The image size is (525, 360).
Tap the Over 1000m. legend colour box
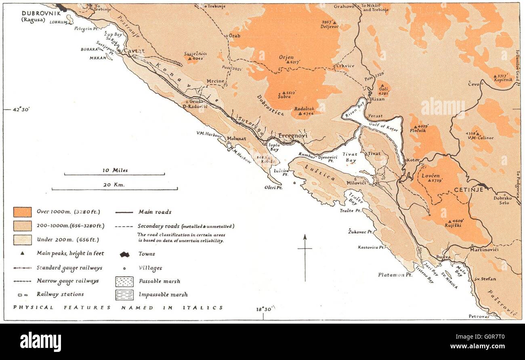click(22, 212)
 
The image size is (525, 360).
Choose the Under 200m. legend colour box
click(22, 239)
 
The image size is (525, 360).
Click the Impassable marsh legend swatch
click(124, 295)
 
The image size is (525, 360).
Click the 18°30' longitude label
click(265, 309)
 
